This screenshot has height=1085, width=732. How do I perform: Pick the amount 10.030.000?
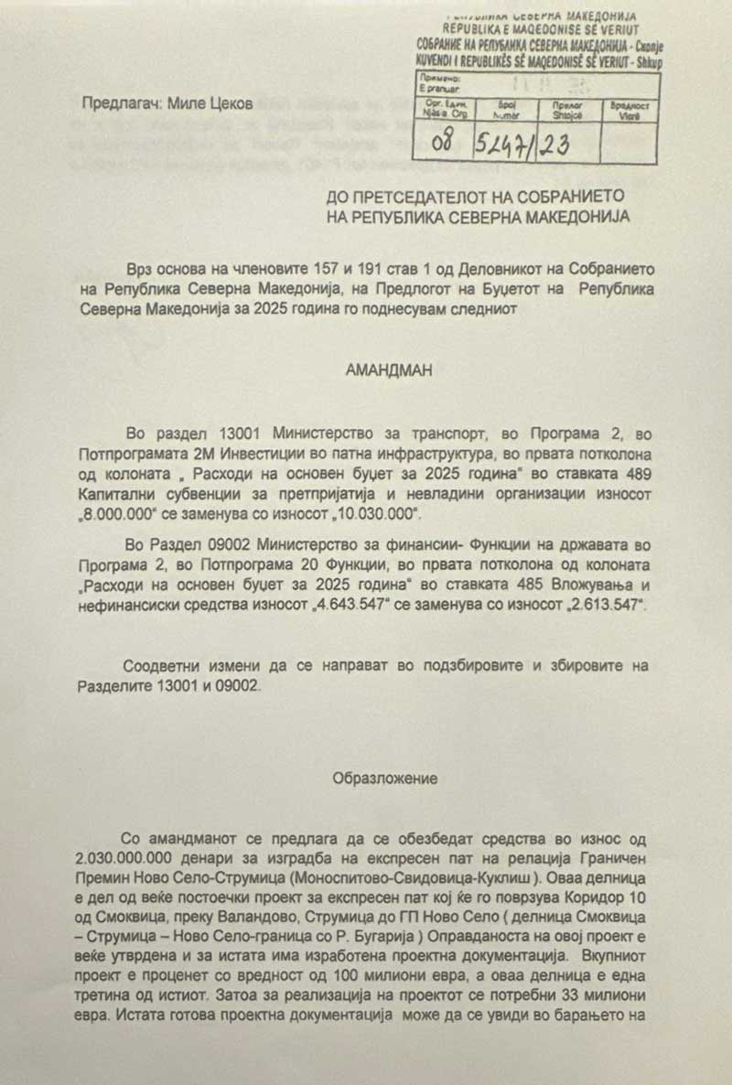(376, 513)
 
